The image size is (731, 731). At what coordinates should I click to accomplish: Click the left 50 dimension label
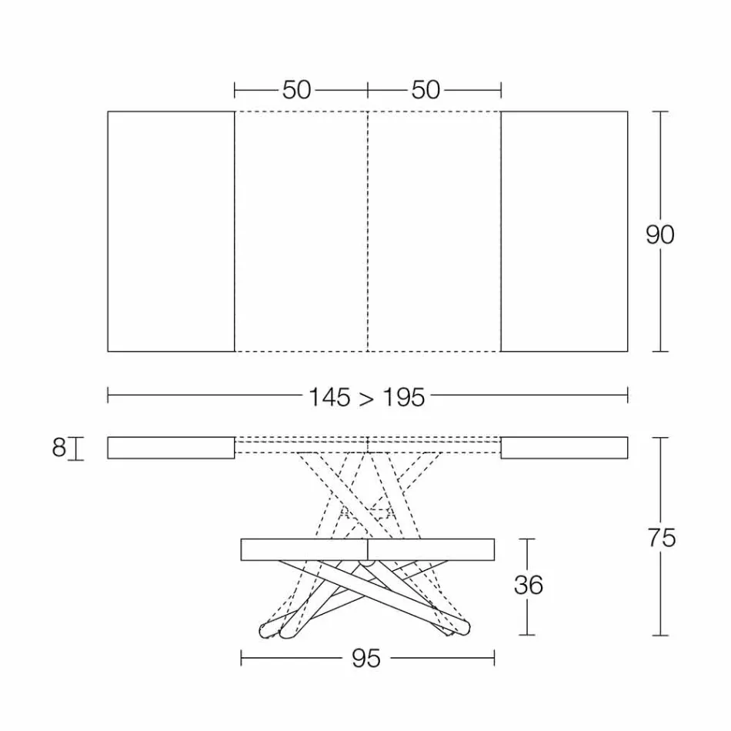[296, 90]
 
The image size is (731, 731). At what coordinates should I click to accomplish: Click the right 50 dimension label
[426, 90]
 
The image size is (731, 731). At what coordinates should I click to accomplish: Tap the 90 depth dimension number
[659, 235]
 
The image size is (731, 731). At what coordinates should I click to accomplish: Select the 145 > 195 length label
[366, 397]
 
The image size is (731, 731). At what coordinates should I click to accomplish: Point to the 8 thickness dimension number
[59, 448]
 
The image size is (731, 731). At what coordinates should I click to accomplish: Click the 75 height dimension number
[661, 538]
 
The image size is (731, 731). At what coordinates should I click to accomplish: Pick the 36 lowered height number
[528, 586]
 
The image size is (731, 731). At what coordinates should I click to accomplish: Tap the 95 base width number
[366, 659]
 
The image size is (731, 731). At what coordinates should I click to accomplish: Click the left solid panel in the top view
[171, 231]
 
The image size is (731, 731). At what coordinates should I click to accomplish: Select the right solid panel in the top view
[564, 231]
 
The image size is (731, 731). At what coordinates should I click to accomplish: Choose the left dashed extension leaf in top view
[301, 231]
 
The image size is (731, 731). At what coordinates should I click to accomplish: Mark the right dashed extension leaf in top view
[435, 231]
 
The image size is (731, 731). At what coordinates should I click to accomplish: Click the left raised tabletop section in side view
[171, 448]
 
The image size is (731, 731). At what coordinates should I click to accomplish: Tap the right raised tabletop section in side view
[564, 448]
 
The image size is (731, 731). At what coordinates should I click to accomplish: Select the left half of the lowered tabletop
[305, 549]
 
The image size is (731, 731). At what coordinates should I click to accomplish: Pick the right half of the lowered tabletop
[432, 549]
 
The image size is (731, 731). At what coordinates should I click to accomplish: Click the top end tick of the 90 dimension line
[660, 112]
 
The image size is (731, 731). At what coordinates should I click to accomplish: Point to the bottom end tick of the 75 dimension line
[660, 636]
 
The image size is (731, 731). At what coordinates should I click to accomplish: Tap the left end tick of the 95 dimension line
[242, 658]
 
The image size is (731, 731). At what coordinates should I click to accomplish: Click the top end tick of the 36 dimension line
[527, 539]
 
